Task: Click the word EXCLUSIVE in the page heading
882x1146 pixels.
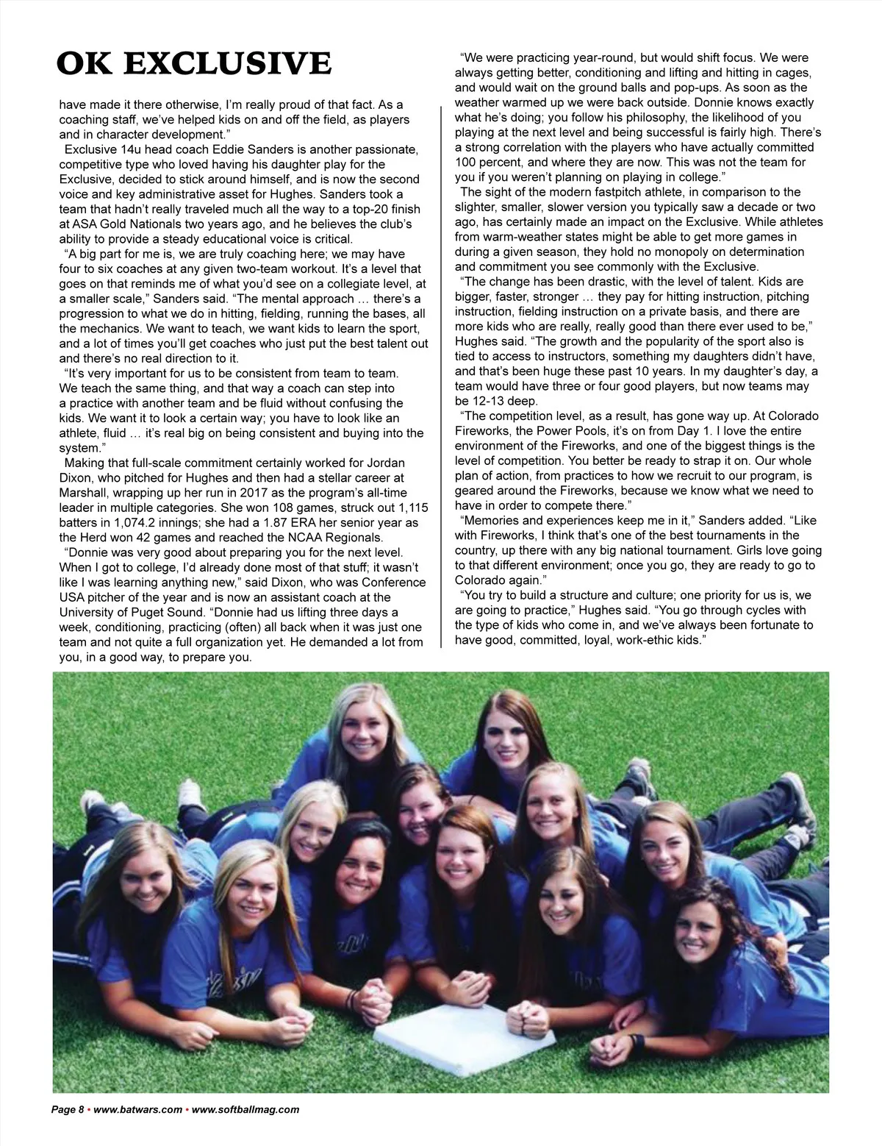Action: (x=227, y=64)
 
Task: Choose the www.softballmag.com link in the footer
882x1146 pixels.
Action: (x=245, y=1110)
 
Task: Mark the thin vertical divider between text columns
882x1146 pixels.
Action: (x=440, y=375)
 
